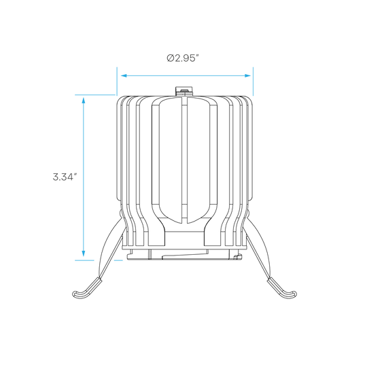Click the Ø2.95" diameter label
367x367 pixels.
[x=183, y=58]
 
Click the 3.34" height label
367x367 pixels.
[x=65, y=177]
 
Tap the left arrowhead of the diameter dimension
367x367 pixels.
[x=124, y=75]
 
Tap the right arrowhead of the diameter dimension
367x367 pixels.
[x=247, y=75]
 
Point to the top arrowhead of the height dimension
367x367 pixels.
[x=84, y=100]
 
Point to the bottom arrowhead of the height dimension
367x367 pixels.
[x=84, y=254]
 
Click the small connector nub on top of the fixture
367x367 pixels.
[x=184, y=91]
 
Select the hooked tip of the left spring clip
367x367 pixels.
[x=78, y=295]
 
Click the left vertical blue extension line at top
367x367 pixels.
[x=117, y=82]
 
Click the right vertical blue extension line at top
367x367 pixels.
[x=253, y=82]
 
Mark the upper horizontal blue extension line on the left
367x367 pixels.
[x=95, y=94]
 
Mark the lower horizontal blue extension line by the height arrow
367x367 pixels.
[x=84, y=260]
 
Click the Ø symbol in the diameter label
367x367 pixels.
[x=171, y=58]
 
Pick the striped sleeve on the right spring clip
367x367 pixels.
[x=277, y=285]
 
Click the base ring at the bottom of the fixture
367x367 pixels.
[x=184, y=255]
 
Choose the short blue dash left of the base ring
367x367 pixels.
[x=118, y=260]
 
